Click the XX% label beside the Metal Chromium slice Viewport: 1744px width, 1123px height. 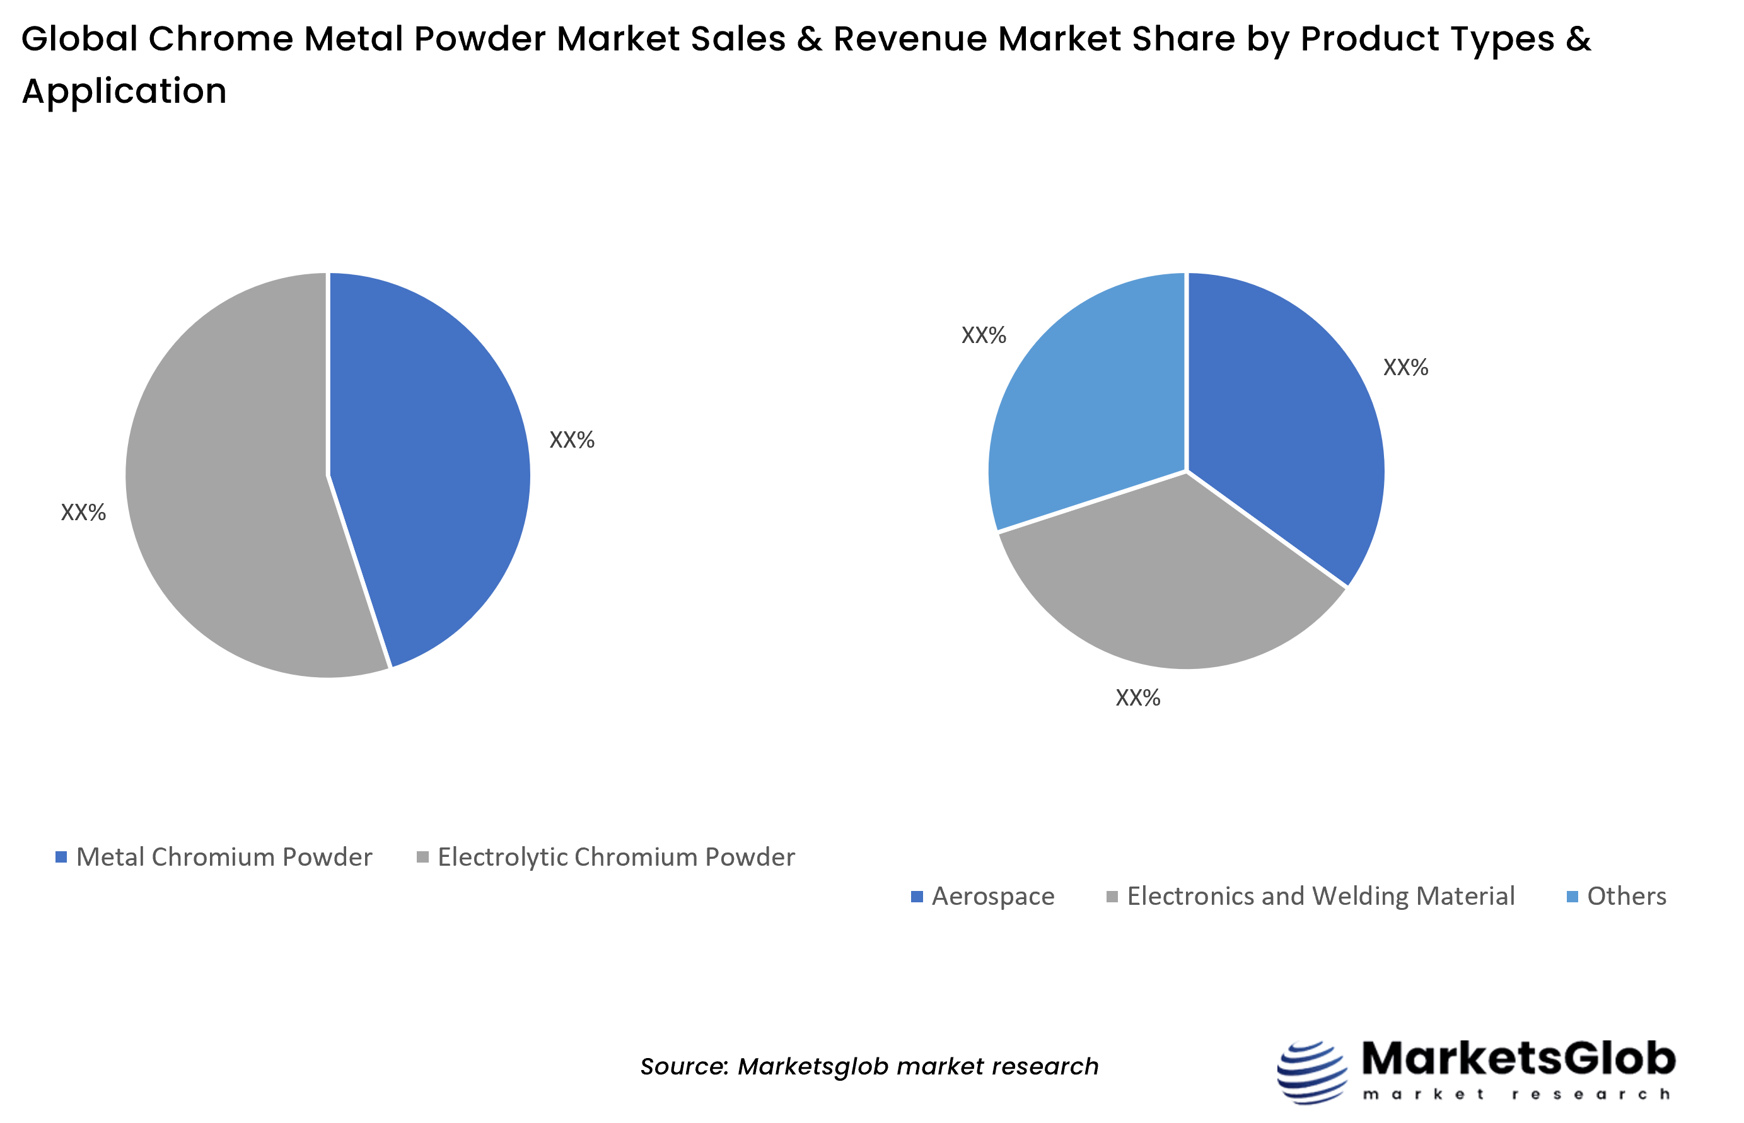point(572,439)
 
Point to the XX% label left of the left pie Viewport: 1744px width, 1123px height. point(83,513)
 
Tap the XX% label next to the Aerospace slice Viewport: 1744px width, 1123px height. point(1405,368)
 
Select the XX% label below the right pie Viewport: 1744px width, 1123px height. point(1137,698)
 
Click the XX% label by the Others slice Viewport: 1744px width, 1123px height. point(984,335)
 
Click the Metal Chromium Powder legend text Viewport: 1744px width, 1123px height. point(224,857)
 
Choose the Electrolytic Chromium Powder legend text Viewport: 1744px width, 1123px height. point(616,857)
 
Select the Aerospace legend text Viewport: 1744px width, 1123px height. point(993,896)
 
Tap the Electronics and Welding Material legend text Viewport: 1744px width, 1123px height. point(1320,896)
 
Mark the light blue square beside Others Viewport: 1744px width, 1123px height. point(1573,897)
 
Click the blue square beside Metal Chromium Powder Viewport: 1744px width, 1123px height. point(61,857)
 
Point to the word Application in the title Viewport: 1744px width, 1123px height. point(124,91)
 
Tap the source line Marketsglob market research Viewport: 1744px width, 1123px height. point(869,1066)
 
